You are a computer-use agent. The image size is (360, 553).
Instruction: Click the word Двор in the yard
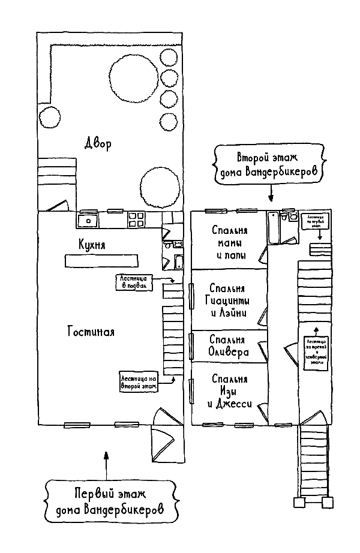click(x=97, y=145)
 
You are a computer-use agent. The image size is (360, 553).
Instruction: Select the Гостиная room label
click(x=91, y=331)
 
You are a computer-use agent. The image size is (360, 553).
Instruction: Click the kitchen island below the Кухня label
click(x=101, y=261)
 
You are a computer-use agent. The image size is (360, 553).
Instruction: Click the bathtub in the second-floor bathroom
click(x=273, y=229)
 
